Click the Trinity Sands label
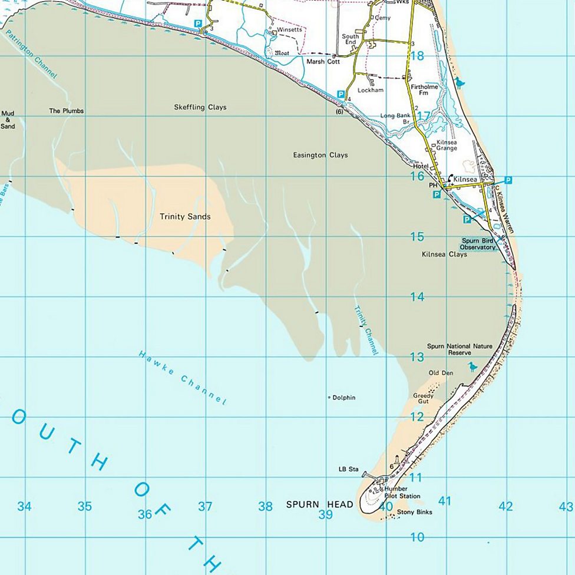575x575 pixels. tap(185, 217)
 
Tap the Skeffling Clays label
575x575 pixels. tap(200, 107)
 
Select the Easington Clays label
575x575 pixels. tap(320, 156)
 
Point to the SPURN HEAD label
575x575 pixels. tap(319, 504)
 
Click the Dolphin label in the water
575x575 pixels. tap(343, 398)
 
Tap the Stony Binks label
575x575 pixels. tap(414, 513)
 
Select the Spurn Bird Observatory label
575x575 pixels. tap(478, 244)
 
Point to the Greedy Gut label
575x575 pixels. tap(424, 398)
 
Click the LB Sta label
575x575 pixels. tap(348, 470)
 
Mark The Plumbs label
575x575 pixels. tap(66, 111)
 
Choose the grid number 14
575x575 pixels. tap(417, 297)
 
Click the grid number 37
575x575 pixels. tap(205, 507)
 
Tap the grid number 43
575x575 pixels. tap(566, 507)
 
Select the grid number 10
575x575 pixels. tap(417, 537)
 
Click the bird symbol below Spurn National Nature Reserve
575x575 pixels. tap(472, 366)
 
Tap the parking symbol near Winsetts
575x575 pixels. tap(199, 24)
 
